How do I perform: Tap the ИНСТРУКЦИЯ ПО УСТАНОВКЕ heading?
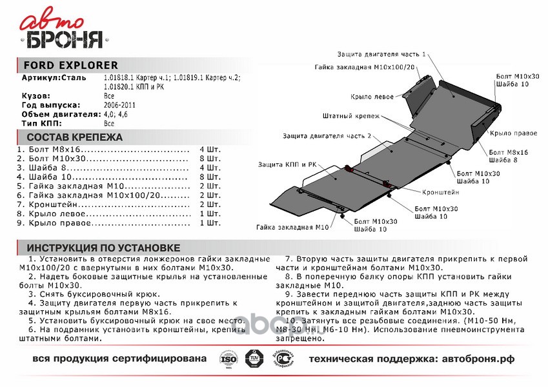(103, 248)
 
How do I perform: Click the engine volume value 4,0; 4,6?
(117, 114)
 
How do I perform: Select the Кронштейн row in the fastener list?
(97, 204)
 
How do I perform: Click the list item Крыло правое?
(97, 223)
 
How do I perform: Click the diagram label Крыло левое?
(372, 97)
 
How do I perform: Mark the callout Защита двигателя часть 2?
(327, 136)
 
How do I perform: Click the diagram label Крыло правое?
(513, 132)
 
